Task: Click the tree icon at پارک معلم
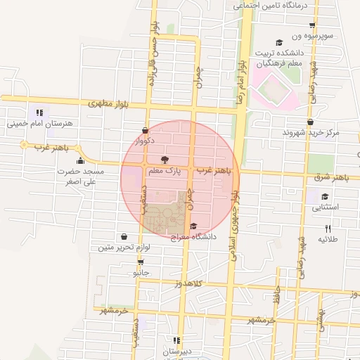[x=165, y=160]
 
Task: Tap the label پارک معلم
[x=164, y=170]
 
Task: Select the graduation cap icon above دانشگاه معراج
[x=193, y=225]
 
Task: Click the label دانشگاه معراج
[x=194, y=237]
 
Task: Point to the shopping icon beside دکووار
[x=145, y=130]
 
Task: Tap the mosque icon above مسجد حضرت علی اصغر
[x=80, y=159]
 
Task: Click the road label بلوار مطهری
[x=111, y=103]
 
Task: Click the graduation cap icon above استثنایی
[x=325, y=196]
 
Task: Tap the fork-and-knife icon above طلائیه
[x=327, y=229]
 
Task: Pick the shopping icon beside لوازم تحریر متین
[x=124, y=236]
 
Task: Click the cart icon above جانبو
[x=141, y=262]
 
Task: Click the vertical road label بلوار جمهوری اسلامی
[x=236, y=211]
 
